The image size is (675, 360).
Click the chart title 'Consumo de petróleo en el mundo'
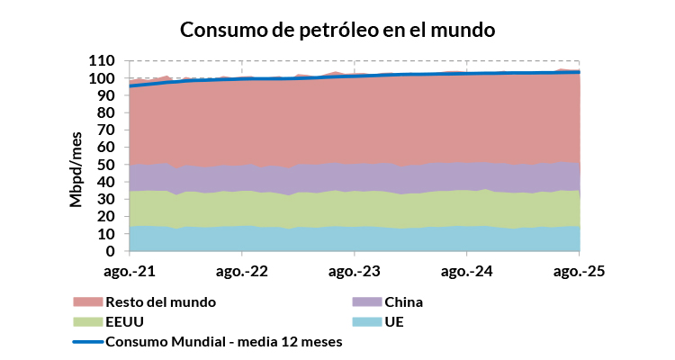(337, 29)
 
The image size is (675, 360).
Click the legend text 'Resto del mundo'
(161, 301)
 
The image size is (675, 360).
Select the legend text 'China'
(403, 301)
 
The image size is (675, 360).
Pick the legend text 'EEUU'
(125, 321)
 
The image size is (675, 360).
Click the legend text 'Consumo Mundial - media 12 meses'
(224, 341)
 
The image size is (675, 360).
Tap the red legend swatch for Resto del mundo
(87, 301)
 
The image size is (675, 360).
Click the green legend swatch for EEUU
(87, 321)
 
